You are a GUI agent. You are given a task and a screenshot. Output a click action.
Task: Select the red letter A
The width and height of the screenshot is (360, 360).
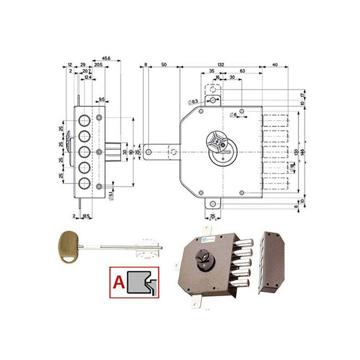[118, 281]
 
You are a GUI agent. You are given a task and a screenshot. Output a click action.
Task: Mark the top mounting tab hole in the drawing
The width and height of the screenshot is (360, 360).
[212, 100]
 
